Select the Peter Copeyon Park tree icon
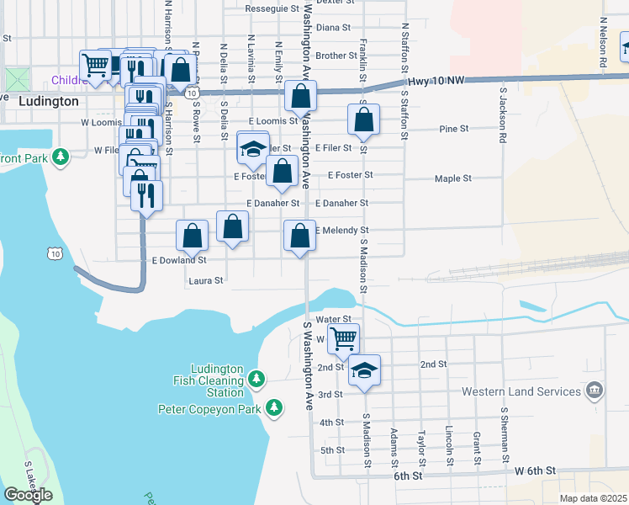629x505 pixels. point(273,408)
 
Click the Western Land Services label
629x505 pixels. point(521,391)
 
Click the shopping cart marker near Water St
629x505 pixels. point(343,338)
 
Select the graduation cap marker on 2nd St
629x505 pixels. point(364,370)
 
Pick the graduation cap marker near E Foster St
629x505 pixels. point(252,149)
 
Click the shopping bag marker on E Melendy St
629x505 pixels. point(299,236)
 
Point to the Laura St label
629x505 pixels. point(206,280)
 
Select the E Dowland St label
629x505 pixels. point(178,261)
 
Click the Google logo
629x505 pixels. point(28,494)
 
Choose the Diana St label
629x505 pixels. point(333,27)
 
